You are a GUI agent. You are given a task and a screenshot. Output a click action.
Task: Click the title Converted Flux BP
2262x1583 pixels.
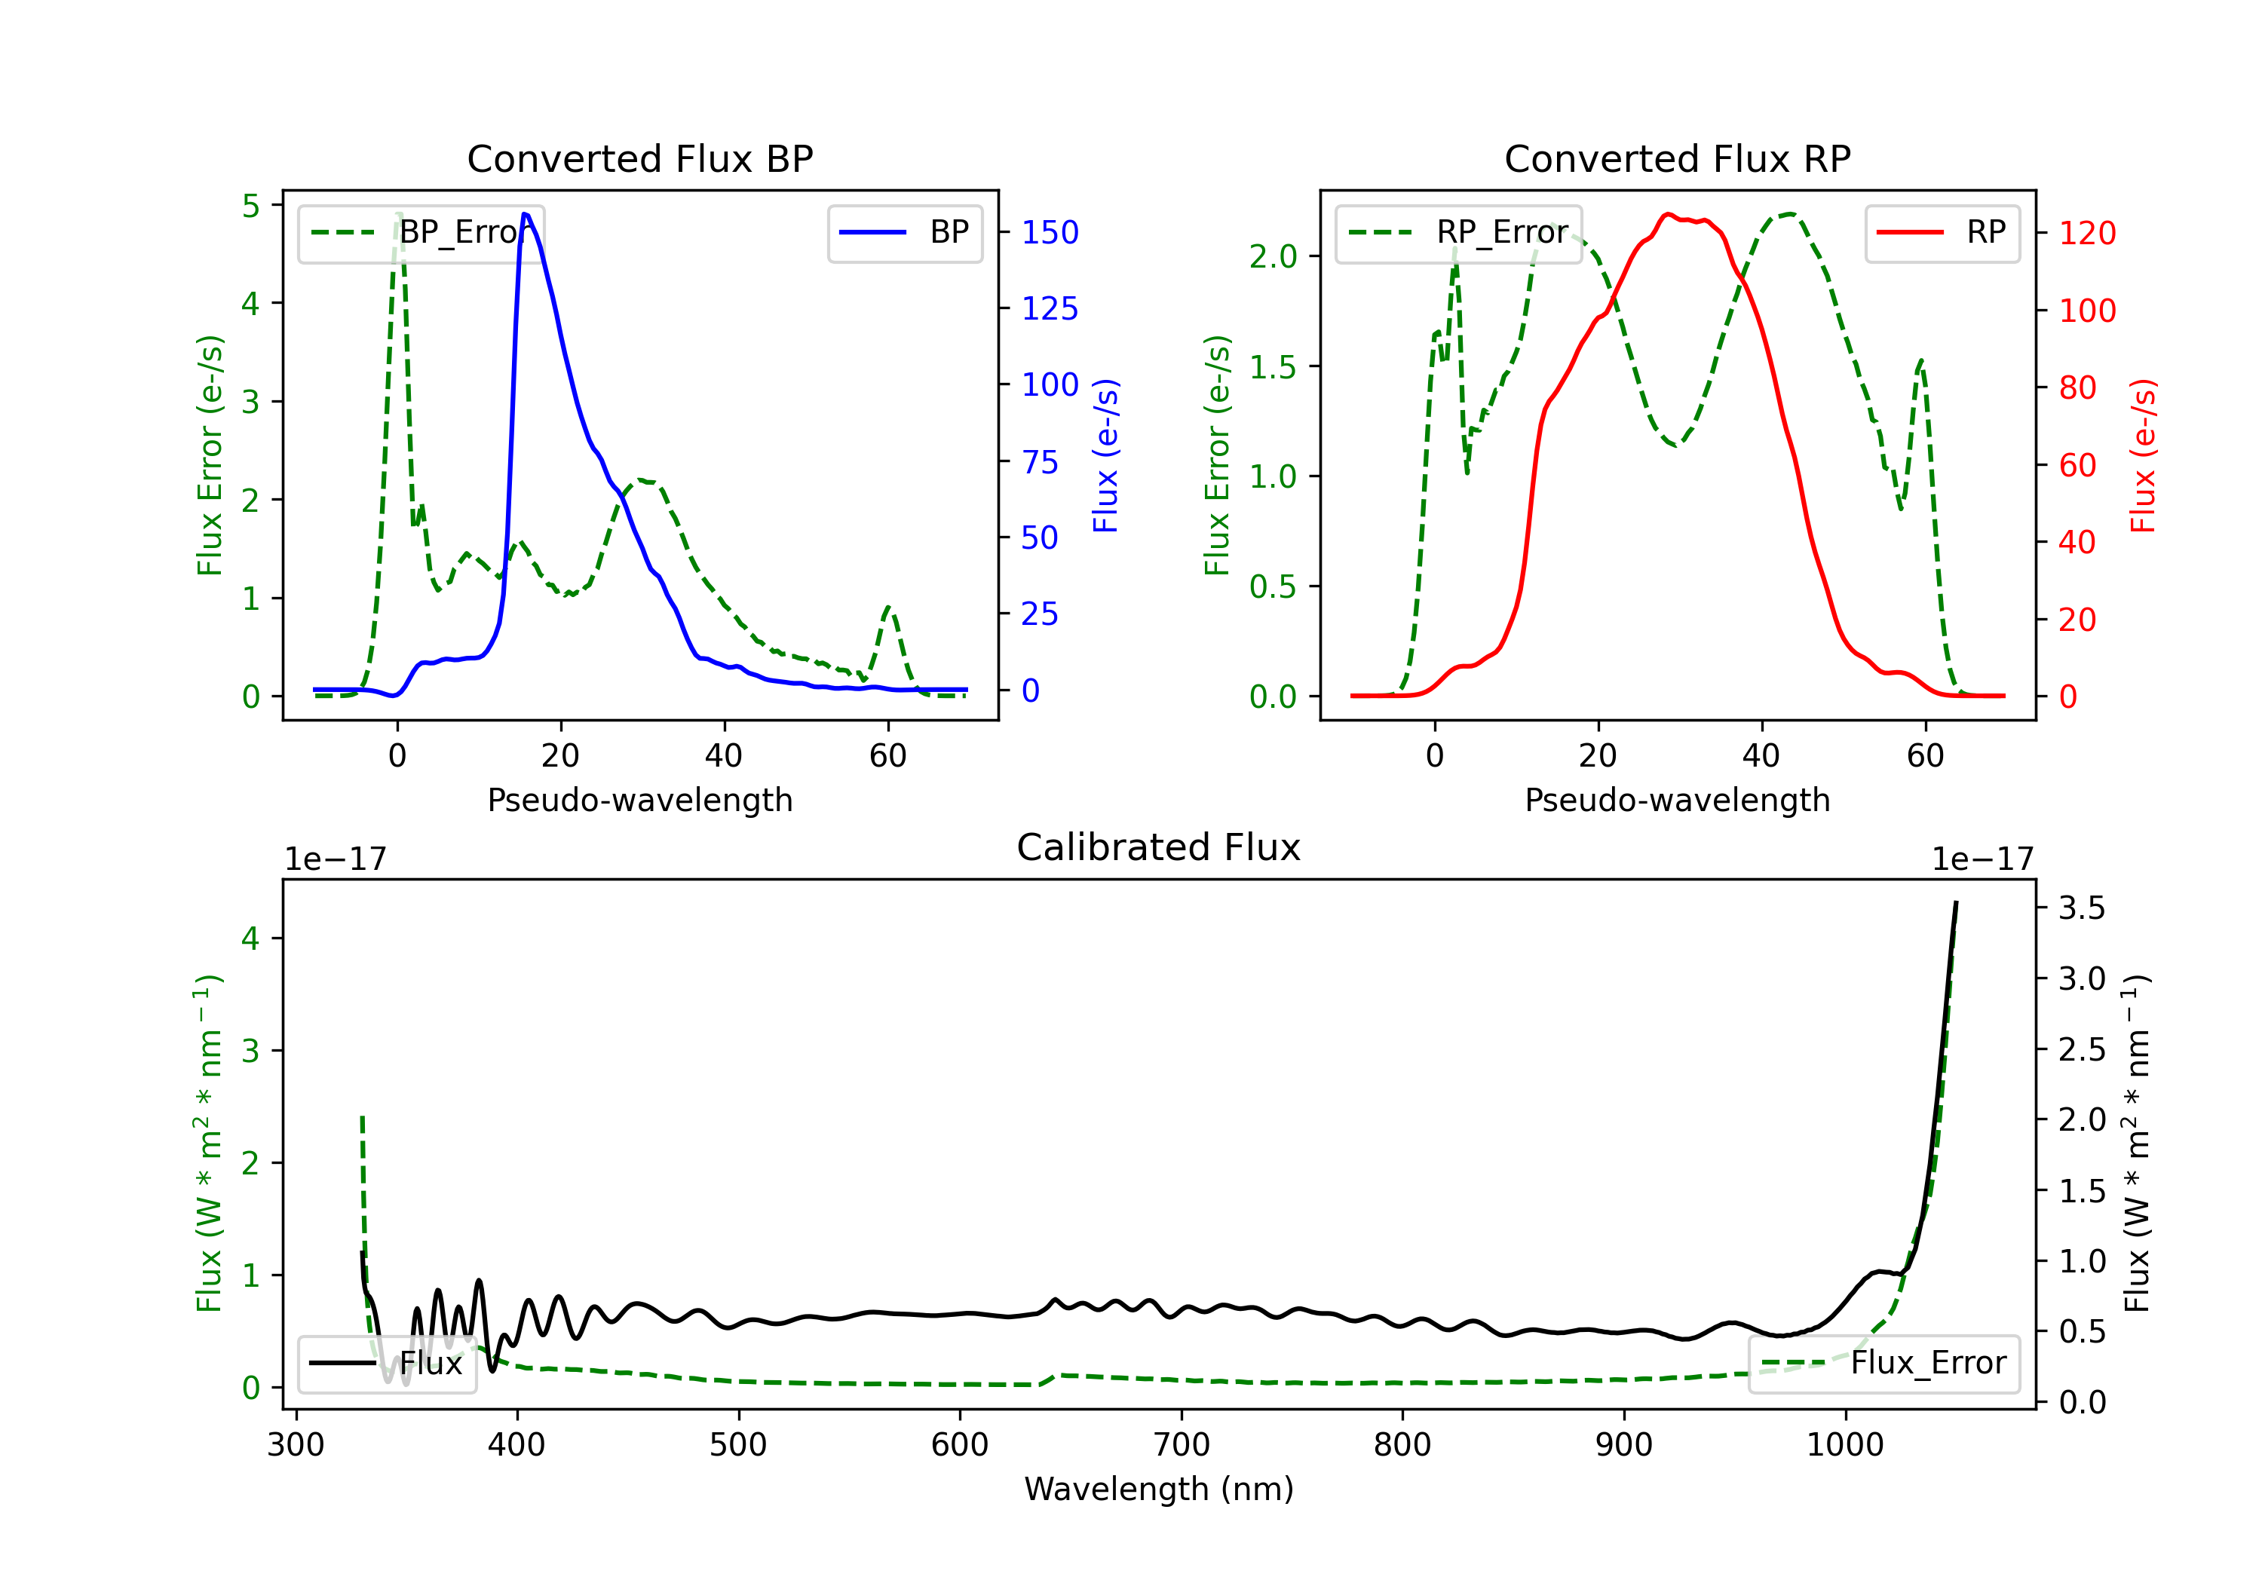pyautogui.click(x=639, y=158)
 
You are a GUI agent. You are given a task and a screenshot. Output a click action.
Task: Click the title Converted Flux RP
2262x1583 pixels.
pyautogui.click(x=1677, y=158)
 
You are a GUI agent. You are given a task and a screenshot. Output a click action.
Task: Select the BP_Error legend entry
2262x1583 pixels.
pyautogui.click(x=421, y=232)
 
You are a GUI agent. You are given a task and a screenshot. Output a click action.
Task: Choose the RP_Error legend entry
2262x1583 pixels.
pyautogui.click(x=1459, y=232)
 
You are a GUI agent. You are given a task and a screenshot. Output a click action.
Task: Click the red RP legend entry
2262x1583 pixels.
pyautogui.click(x=1943, y=232)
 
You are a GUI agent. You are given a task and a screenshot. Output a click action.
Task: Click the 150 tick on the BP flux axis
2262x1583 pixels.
pyautogui.click(x=1050, y=232)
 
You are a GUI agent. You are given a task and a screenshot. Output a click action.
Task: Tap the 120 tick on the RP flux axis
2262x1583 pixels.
pyautogui.click(x=2086, y=234)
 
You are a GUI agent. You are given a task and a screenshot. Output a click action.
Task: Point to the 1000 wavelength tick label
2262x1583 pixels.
pyautogui.click(x=1844, y=1445)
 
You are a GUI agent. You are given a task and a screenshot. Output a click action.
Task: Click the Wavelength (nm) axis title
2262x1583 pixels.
pyautogui.click(x=1159, y=1489)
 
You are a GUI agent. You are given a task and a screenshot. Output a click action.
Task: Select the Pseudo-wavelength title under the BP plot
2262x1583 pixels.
pyautogui.click(x=639, y=800)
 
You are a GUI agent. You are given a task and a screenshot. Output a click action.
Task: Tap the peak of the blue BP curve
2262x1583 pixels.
pyautogui.click(x=525, y=214)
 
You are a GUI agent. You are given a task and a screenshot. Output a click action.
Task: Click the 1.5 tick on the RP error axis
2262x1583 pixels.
pyautogui.click(x=1273, y=366)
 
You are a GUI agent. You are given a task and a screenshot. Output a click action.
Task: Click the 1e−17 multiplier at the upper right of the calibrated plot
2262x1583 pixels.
pyautogui.click(x=1982, y=859)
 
